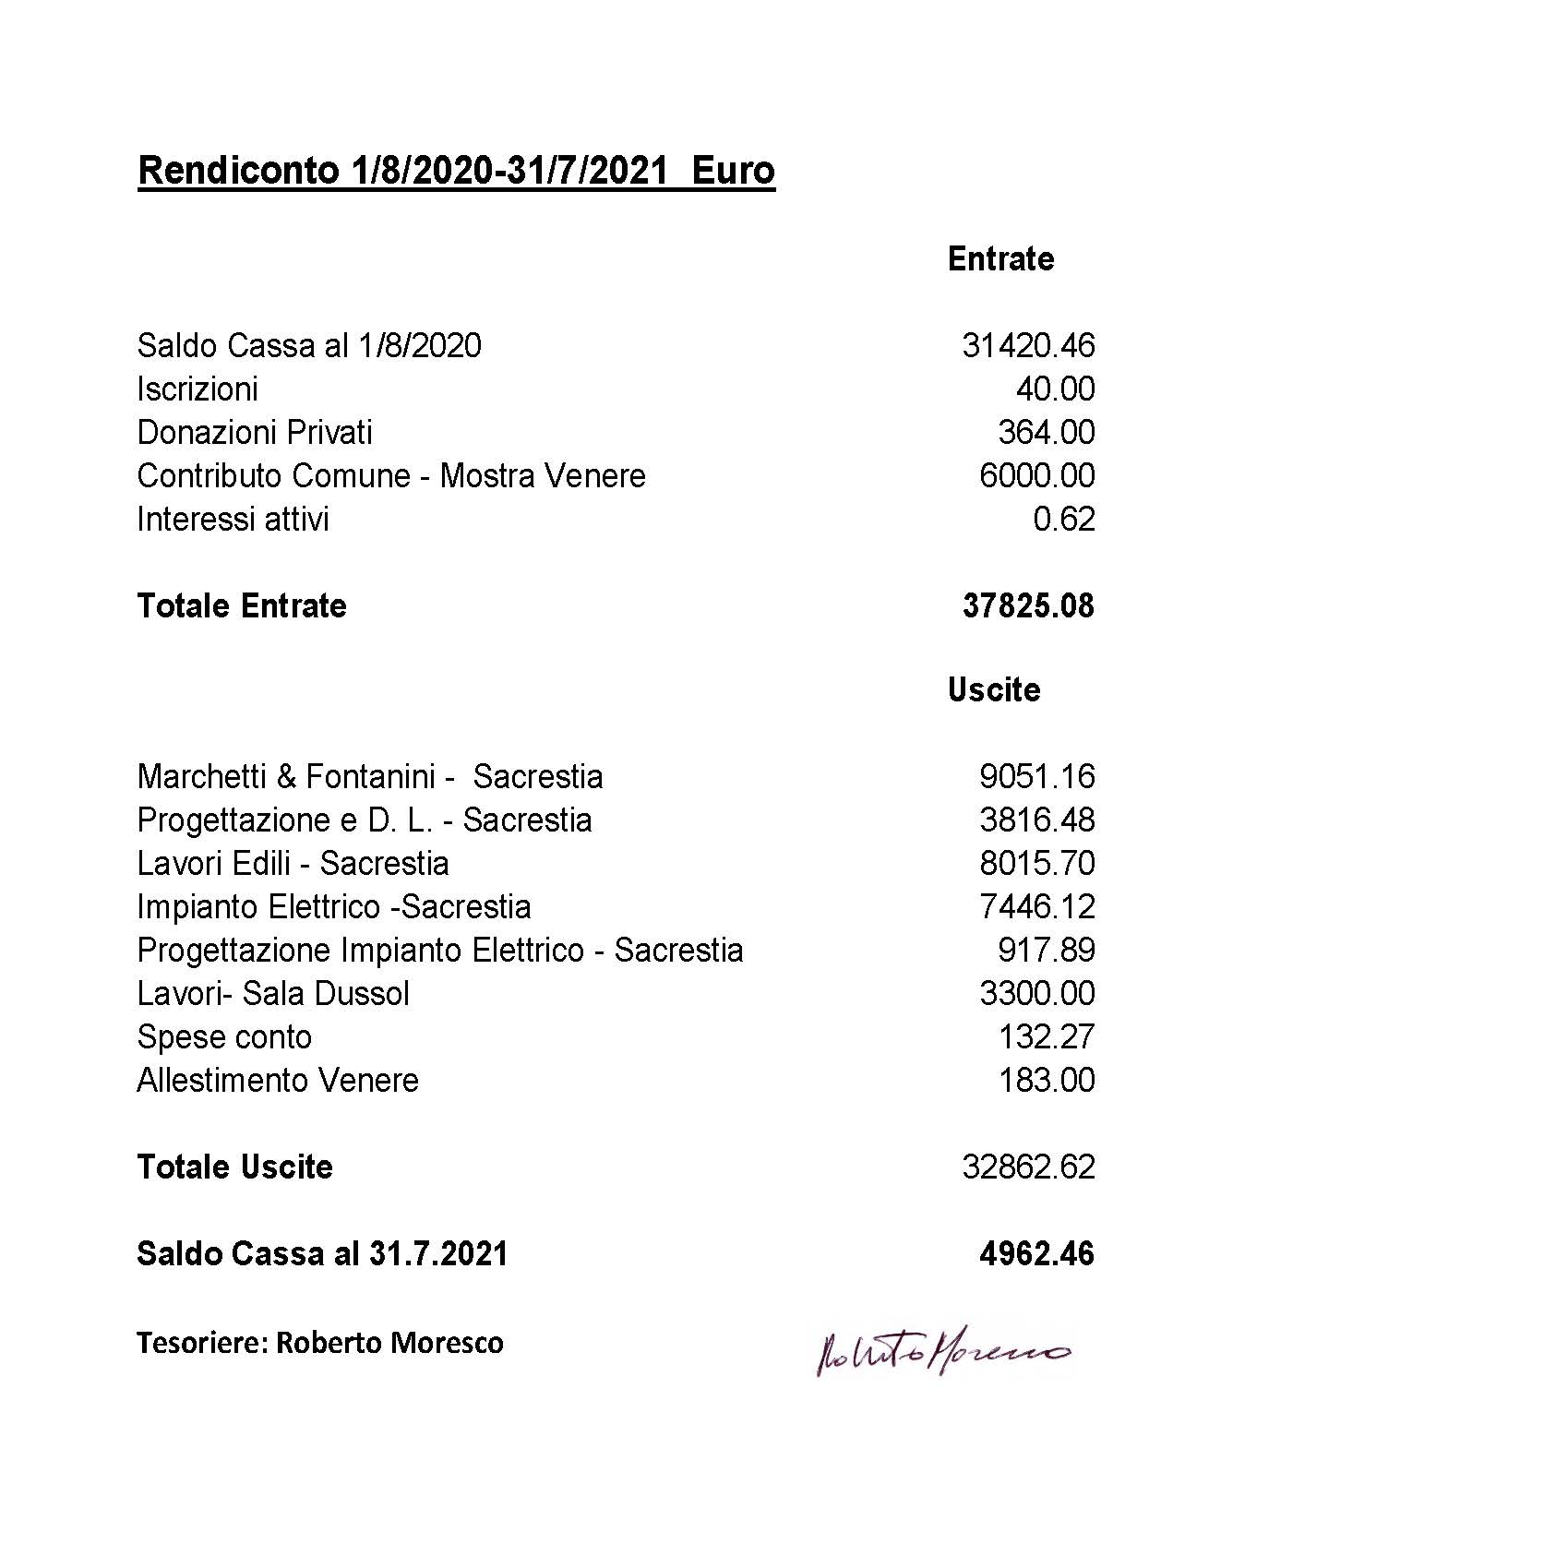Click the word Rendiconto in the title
click(238, 171)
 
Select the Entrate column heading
click(1000, 258)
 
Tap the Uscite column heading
click(994, 689)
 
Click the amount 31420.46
click(1027, 346)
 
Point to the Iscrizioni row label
click(197, 389)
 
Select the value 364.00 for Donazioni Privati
click(1046, 433)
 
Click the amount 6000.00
click(1036, 476)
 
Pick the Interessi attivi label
click(233, 520)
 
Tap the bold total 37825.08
click(1027, 606)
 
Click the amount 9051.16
click(1036, 777)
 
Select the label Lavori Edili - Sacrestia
click(293, 864)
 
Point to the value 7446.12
click(1036, 907)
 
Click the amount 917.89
click(1046, 951)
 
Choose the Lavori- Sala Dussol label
click(273, 994)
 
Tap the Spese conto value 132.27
click(1046, 1037)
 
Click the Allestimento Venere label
click(278, 1081)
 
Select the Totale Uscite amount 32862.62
click(1027, 1167)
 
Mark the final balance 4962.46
click(1036, 1254)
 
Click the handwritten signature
click(941, 1353)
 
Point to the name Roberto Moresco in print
click(389, 1343)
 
